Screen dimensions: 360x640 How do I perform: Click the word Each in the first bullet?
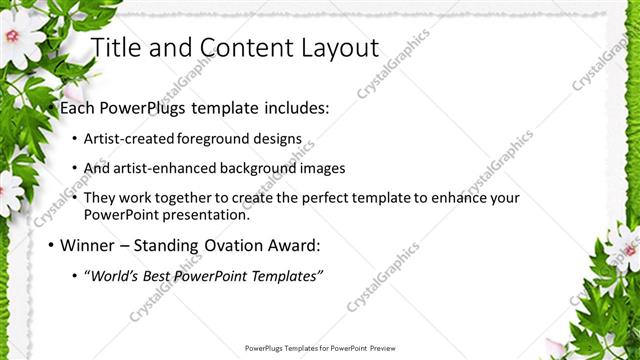coord(77,106)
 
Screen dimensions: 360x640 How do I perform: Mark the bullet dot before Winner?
coord(51,245)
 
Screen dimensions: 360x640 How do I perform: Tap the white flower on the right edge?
coord(625,245)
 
